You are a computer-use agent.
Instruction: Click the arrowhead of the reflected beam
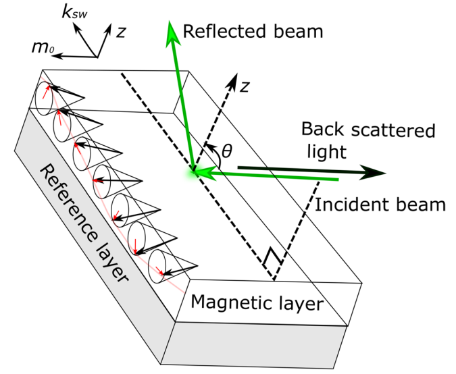click(174, 30)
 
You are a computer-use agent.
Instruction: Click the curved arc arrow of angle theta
click(213, 152)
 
